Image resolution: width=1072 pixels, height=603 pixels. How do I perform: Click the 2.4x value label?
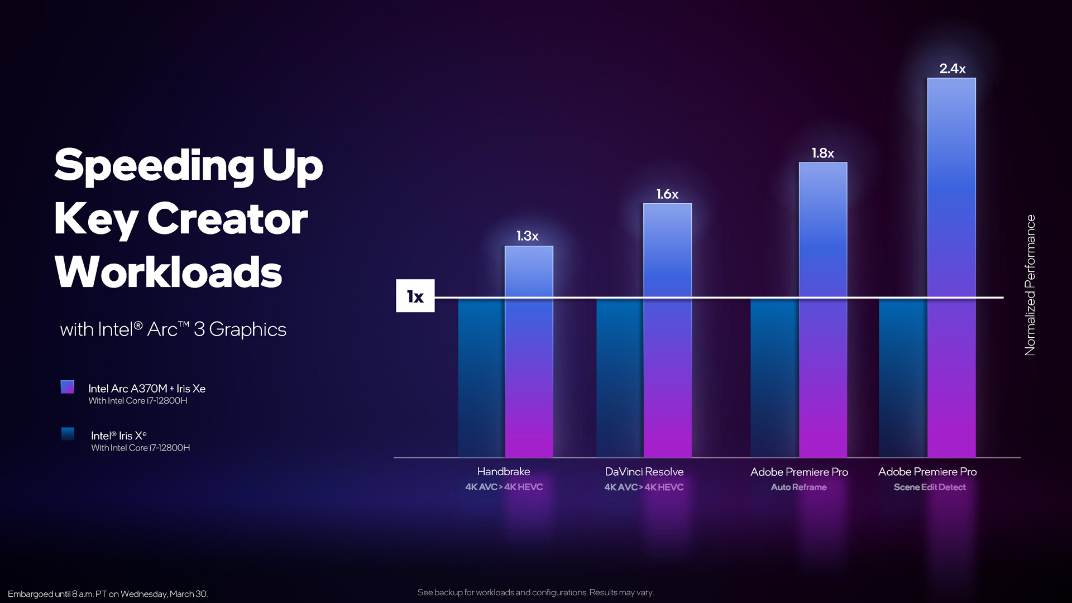[952, 69]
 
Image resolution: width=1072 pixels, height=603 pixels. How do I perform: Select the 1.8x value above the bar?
[822, 153]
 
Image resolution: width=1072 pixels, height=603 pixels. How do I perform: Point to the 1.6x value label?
[667, 194]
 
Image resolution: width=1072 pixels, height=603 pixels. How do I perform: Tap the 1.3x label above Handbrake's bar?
[527, 236]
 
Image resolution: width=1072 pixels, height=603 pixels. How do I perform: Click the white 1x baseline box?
[415, 296]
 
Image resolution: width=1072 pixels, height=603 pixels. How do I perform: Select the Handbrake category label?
[504, 472]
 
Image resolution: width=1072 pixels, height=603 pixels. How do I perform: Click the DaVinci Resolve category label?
[644, 472]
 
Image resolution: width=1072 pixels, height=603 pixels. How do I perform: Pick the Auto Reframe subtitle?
[799, 487]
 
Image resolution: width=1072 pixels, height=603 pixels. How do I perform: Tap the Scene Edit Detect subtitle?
[930, 487]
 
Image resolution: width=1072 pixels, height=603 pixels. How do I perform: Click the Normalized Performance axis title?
[1030, 285]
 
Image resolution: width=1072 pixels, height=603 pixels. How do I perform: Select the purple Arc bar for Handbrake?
[529, 352]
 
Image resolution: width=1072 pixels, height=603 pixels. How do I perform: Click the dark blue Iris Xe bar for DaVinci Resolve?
[620, 378]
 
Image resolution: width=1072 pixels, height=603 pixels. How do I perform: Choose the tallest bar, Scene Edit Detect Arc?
[951, 268]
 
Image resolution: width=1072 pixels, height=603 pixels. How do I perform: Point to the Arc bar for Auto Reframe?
[823, 310]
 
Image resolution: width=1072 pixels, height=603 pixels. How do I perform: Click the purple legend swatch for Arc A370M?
[68, 387]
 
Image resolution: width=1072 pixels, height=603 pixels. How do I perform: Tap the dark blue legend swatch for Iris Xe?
[68, 434]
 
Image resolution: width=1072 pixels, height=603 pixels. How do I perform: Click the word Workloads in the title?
[168, 272]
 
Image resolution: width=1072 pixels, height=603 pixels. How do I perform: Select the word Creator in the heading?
[227, 219]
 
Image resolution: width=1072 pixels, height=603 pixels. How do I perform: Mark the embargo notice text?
[108, 594]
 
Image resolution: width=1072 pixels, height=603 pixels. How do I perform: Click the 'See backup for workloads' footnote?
[535, 592]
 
